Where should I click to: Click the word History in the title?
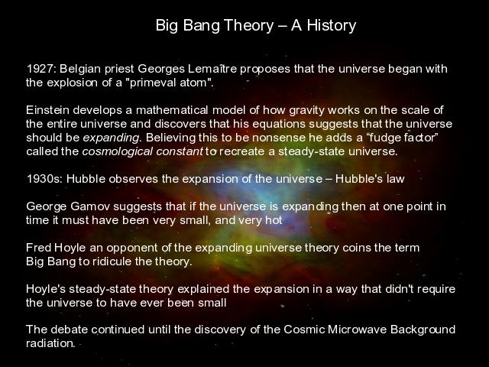click(331, 25)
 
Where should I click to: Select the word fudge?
click(385, 138)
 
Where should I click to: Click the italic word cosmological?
click(117, 152)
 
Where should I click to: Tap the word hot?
click(274, 220)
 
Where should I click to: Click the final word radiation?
click(50, 343)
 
